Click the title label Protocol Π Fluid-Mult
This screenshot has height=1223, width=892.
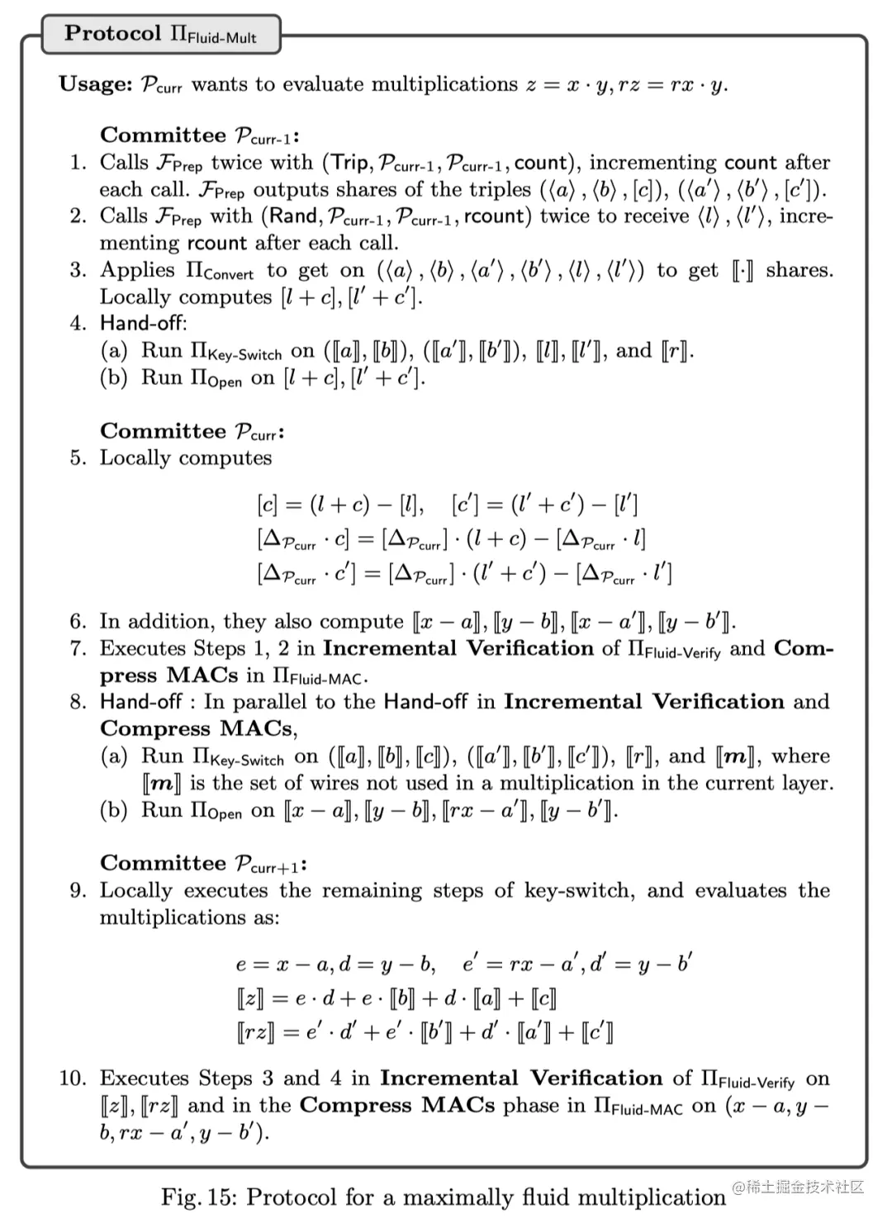pos(160,35)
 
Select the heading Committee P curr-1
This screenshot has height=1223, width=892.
pos(198,135)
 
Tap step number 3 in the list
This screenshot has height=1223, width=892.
pos(78,271)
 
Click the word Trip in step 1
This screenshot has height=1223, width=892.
pos(349,163)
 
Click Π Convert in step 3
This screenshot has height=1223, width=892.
pos(222,271)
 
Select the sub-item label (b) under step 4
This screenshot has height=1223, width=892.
pos(113,378)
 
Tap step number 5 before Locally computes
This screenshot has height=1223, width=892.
pos(78,458)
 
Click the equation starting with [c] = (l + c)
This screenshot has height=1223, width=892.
pos(340,504)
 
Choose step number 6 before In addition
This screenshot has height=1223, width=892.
pos(78,622)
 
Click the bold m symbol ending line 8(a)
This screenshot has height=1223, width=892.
pos(733,756)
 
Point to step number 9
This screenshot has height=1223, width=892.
pos(78,891)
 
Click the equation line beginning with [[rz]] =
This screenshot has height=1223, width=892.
pos(425,1032)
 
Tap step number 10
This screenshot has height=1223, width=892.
pos(73,1078)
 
